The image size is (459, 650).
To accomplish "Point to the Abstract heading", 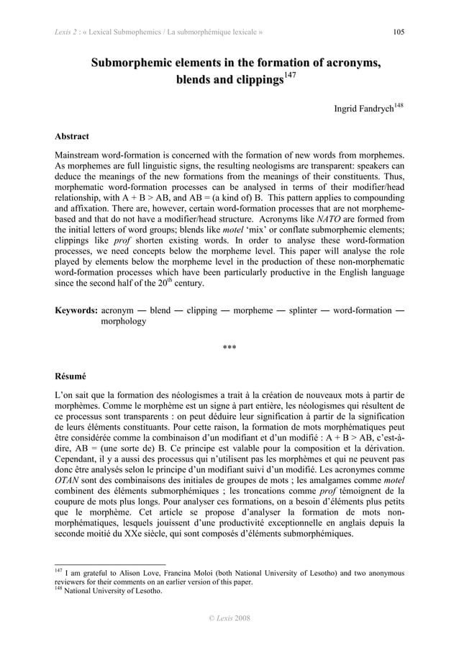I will coord(72,135).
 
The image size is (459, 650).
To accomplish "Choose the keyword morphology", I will coord(124,322).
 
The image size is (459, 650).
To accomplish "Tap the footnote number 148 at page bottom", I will coord(59,590).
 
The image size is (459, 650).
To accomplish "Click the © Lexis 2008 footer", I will coord(229,618).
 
